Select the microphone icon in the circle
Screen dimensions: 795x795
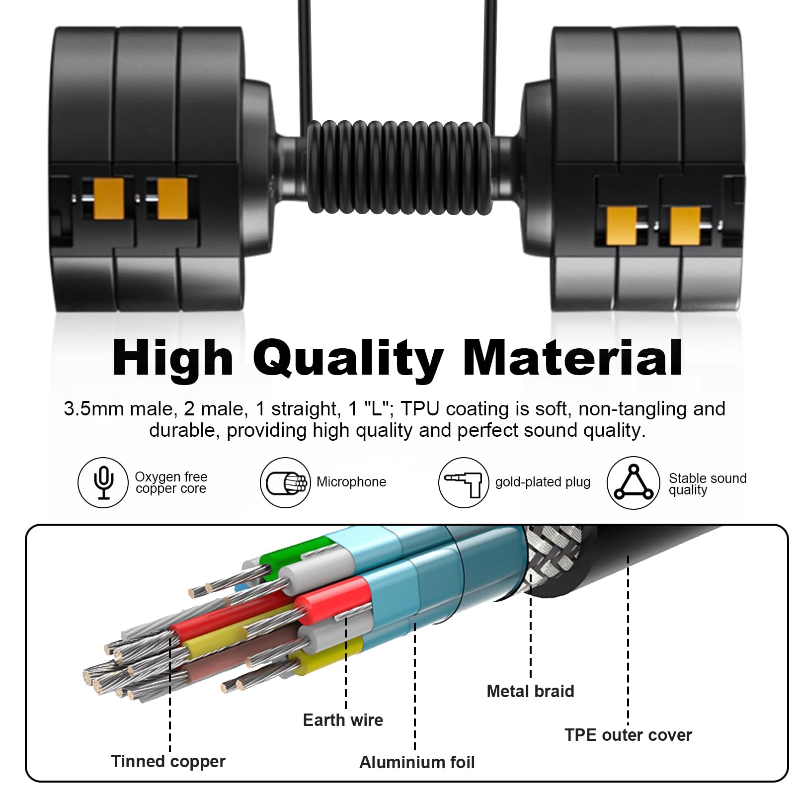click(103, 482)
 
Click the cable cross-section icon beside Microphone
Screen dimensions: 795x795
click(285, 482)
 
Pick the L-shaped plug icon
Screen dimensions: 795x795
click(464, 482)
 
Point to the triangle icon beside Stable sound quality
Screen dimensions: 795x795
click(634, 482)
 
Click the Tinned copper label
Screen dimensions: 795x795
click(168, 761)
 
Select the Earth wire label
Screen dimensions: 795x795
click(343, 720)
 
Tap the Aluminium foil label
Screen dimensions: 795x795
click(417, 762)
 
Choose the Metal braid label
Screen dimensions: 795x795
click(530, 691)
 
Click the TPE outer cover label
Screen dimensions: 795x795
click(628, 735)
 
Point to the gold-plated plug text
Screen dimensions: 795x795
click(543, 482)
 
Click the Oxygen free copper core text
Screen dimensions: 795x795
click(171, 482)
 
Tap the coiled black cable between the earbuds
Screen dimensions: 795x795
click(399, 167)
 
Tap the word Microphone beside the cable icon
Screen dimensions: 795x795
click(351, 482)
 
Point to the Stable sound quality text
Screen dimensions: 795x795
click(708, 484)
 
